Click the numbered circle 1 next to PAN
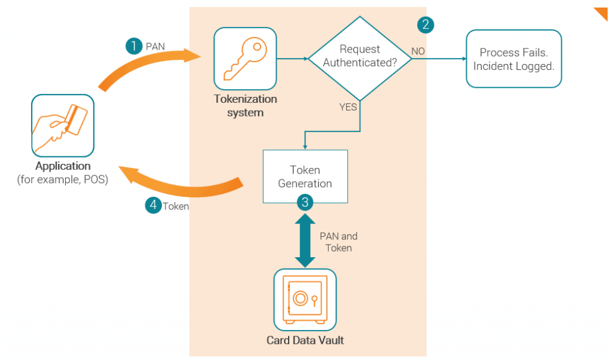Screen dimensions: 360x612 (x=134, y=46)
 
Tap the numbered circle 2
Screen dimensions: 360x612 (x=425, y=25)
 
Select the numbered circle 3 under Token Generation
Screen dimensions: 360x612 (x=305, y=202)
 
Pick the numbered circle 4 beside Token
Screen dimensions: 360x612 (x=154, y=205)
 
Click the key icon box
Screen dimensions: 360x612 (x=245, y=58)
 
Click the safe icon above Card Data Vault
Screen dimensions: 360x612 (x=305, y=300)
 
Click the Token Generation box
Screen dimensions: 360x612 (x=305, y=176)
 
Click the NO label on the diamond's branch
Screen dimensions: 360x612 (x=418, y=51)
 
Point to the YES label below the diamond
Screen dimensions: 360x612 (x=348, y=107)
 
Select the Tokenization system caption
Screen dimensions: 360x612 (x=245, y=106)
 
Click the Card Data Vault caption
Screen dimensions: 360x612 (x=305, y=341)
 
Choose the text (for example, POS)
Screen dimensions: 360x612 (x=63, y=179)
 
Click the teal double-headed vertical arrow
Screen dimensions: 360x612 (x=305, y=240)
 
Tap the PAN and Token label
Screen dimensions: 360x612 (x=338, y=242)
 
